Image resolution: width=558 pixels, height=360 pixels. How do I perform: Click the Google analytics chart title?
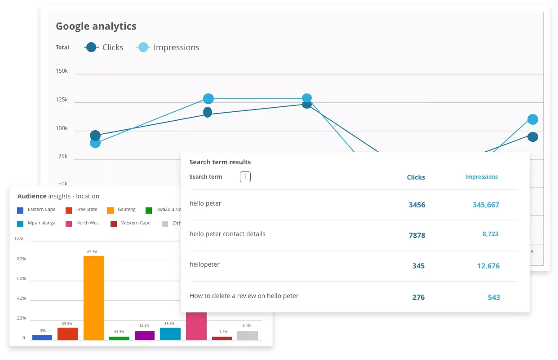[96, 26]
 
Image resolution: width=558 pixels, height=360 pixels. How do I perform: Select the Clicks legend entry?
[104, 47]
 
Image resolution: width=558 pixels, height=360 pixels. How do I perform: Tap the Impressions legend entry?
[168, 47]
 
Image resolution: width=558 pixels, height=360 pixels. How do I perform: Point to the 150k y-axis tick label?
[62, 71]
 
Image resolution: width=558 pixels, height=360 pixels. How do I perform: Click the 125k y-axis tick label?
[62, 99]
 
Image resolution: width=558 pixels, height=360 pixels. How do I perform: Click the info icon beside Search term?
[245, 177]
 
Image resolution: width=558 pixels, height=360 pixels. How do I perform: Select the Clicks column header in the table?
[416, 177]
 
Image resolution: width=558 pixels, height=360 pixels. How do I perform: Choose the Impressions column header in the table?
[481, 177]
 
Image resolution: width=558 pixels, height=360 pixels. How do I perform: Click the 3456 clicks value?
[416, 205]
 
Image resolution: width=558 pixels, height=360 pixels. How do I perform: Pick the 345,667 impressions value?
[486, 205]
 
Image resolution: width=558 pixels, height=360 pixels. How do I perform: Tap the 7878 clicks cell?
[416, 235]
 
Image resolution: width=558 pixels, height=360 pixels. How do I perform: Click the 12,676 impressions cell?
[488, 266]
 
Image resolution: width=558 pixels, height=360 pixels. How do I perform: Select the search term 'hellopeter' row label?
[204, 264]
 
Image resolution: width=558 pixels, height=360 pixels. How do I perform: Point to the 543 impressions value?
[494, 297]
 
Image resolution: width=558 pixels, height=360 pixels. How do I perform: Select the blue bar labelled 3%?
[42, 337]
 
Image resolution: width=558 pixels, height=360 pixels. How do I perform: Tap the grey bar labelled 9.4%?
[247, 335]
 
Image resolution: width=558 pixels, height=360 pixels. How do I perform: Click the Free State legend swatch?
[68, 210]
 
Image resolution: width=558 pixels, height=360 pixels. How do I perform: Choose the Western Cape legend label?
[136, 223]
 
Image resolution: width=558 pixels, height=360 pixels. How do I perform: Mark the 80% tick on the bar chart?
[21, 259]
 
